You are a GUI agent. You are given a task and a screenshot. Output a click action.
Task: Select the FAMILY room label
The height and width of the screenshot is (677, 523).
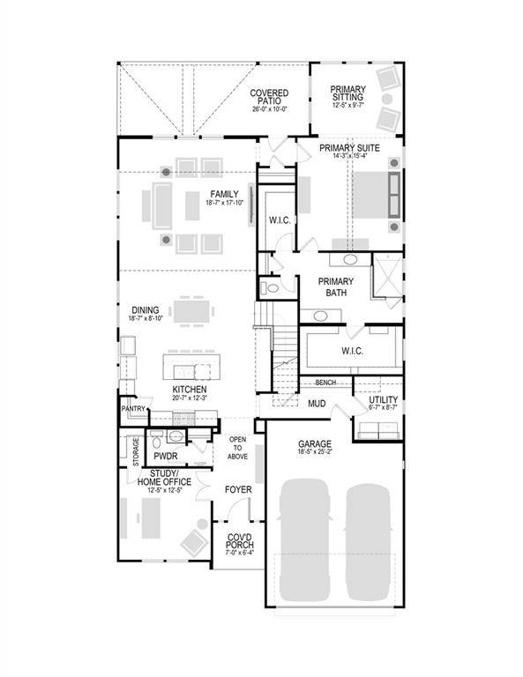(224, 194)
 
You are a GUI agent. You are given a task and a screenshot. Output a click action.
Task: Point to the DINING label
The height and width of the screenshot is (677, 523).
(146, 310)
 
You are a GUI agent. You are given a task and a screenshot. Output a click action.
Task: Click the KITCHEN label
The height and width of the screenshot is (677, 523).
(190, 389)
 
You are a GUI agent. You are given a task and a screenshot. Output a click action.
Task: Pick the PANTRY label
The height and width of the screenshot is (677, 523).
(134, 409)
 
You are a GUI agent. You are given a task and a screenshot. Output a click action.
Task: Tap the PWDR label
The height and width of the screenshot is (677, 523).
(166, 457)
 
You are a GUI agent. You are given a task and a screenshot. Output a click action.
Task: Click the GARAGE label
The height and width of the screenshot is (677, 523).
(314, 444)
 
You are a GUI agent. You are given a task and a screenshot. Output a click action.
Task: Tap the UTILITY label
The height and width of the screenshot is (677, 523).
(382, 401)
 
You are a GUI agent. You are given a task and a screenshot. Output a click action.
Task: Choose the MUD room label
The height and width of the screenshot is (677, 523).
(317, 403)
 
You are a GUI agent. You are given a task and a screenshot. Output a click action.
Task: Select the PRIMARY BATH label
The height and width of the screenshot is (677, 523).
(332, 286)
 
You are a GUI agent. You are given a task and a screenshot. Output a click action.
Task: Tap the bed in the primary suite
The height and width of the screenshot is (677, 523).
(375, 196)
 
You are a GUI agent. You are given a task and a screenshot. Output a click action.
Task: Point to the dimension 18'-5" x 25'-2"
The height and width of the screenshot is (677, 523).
(314, 454)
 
